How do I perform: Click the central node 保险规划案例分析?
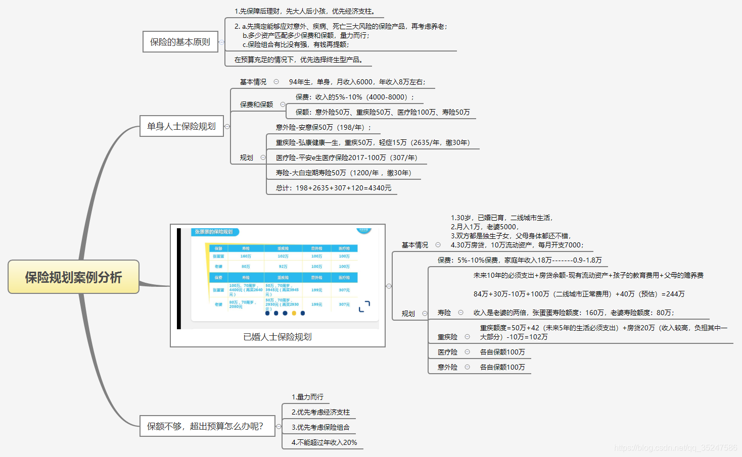pyautogui.click(x=73, y=277)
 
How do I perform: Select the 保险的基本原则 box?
pyautogui.click(x=180, y=42)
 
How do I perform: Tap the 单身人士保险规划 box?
pyautogui.click(x=181, y=126)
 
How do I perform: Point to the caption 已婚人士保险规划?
pyautogui.click(x=277, y=337)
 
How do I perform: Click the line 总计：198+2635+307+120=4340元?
pyautogui.click(x=334, y=188)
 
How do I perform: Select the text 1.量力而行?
pyautogui.click(x=307, y=397)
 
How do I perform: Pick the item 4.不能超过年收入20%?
pyautogui.click(x=324, y=442)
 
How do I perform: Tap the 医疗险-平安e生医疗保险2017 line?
pyautogui.click(x=346, y=158)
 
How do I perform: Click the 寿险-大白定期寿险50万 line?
pyautogui.click(x=344, y=173)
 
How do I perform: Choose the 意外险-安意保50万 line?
pyautogui.click(x=323, y=127)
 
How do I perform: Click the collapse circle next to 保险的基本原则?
pyautogui.click(x=221, y=42)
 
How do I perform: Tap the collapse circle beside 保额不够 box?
pyautogui.click(x=279, y=427)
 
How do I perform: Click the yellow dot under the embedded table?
pyautogui.click(x=294, y=313)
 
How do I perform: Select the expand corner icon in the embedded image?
pyautogui.click(x=364, y=307)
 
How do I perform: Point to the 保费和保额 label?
pyautogui.click(x=256, y=105)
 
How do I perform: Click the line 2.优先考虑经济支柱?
pyautogui.click(x=320, y=412)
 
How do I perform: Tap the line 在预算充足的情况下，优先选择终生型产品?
pyautogui.click(x=298, y=60)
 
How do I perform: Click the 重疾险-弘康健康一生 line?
pyautogui.click(x=373, y=142)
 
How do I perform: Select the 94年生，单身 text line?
pyautogui.click(x=357, y=82)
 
